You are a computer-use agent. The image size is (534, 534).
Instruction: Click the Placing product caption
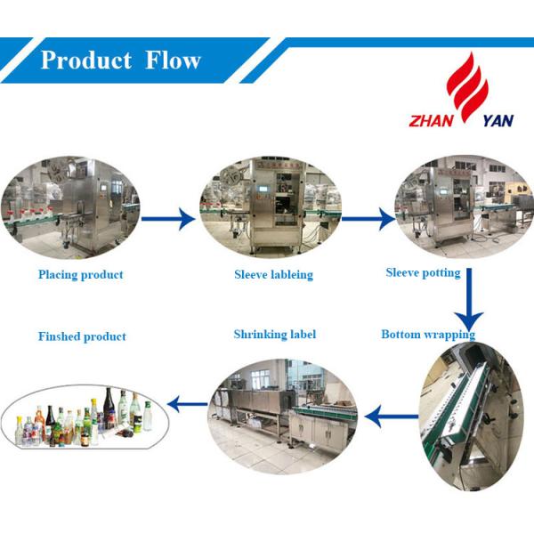pyautogui.click(x=80, y=275)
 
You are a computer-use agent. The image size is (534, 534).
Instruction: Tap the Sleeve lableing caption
pyautogui.click(x=273, y=275)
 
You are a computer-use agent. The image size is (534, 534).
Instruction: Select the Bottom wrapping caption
pyautogui.click(x=427, y=335)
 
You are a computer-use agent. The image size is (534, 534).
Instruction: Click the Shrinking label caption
pyautogui.click(x=274, y=335)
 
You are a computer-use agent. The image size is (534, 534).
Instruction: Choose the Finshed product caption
pyautogui.click(x=82, y=336)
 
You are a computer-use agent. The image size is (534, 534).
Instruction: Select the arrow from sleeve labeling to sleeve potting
pyautogui.click(x=368, y=217)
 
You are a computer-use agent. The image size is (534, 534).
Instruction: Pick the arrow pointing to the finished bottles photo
pyautogui.click(x=187, y=406)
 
